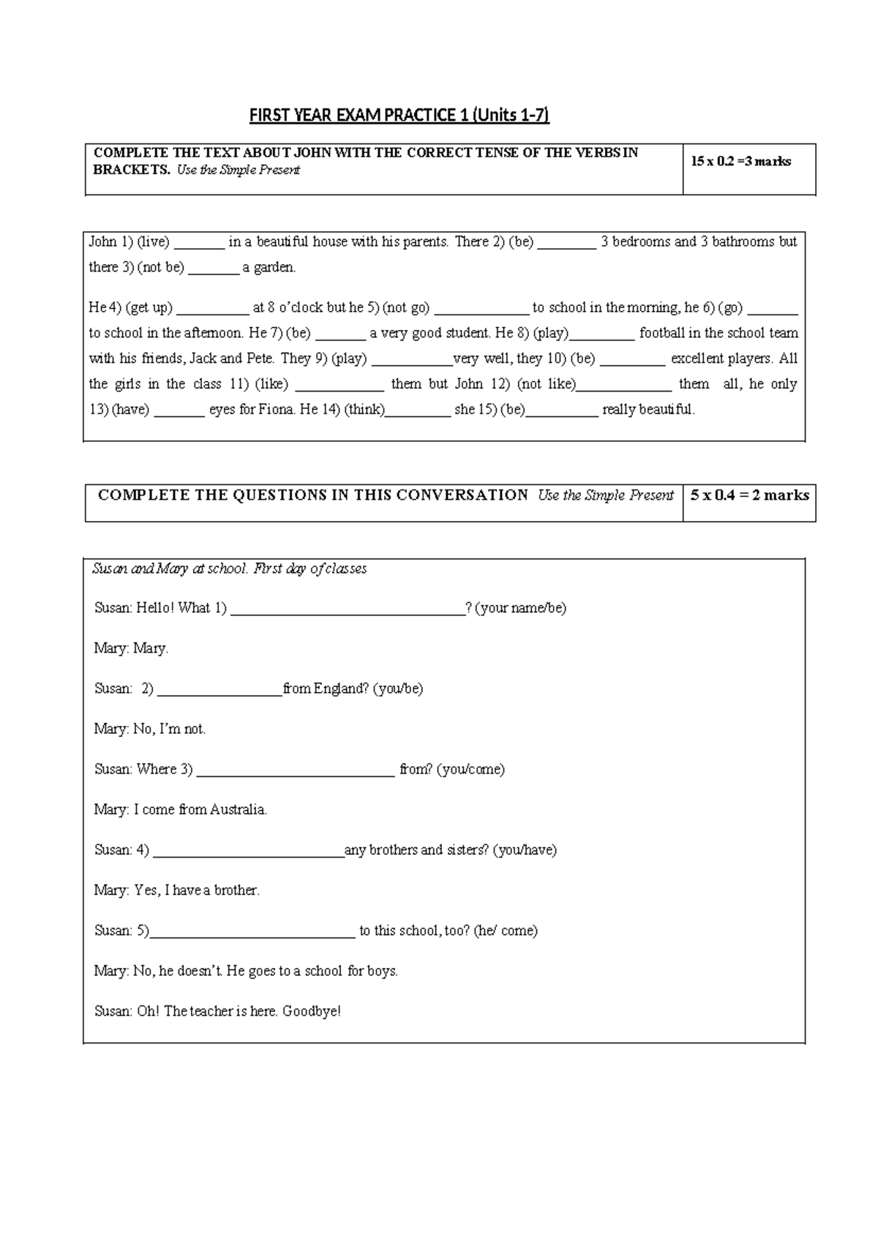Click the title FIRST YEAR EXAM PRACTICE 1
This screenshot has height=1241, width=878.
coord(399,115)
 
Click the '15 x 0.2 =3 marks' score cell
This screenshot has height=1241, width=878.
coord(740,162)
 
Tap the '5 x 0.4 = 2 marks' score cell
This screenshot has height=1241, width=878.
coord(749,495)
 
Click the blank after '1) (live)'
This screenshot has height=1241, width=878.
coord(199,243)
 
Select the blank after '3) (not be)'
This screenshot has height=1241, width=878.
coord(214,269)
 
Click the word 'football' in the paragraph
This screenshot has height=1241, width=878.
coord(661,333)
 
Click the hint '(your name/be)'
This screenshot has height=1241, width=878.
coord(520,608)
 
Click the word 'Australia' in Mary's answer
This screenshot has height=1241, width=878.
coord(238,810)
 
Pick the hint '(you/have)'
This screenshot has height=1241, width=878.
coord(525,850)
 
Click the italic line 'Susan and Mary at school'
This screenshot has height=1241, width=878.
coord(230,569)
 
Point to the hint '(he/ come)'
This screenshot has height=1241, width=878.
coord(506,931)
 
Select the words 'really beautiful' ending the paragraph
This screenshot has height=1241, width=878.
coord(648,410)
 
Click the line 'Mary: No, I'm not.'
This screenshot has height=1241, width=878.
coord(150,729)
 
